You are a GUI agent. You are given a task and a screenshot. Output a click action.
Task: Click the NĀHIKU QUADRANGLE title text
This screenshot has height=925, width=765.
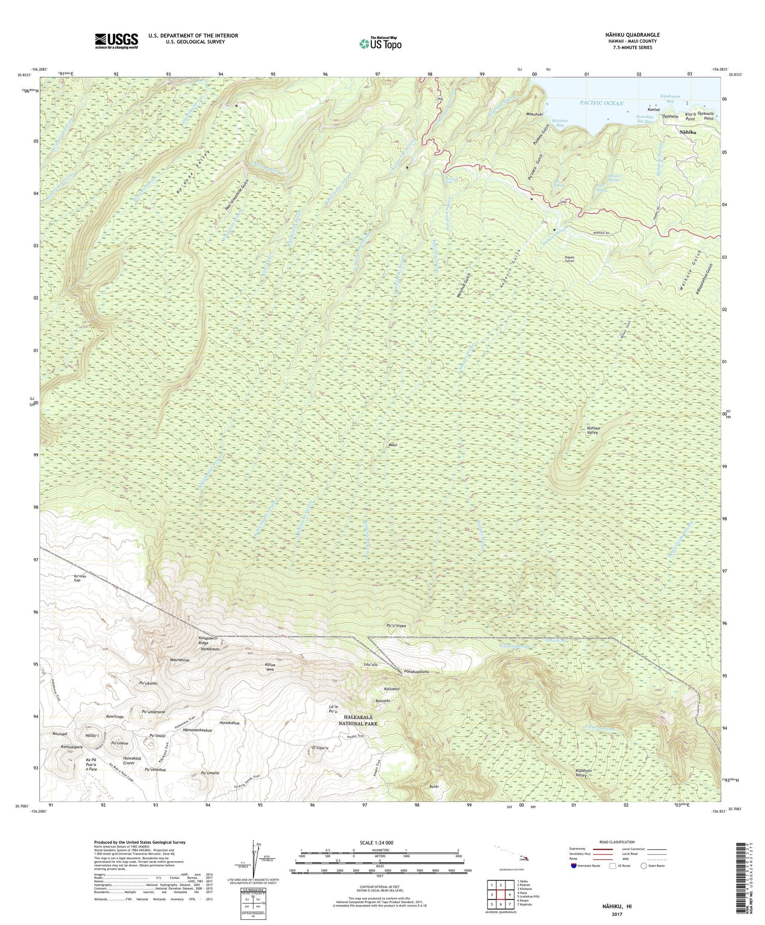click(x=632, y=35)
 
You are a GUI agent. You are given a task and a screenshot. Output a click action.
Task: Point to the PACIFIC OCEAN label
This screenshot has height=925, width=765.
click(x=601, y=103)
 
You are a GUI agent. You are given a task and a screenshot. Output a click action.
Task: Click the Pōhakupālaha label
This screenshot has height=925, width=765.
click(x=416, y=671)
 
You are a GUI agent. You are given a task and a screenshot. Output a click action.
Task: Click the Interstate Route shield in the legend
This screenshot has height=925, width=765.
click(x=574, y=866)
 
